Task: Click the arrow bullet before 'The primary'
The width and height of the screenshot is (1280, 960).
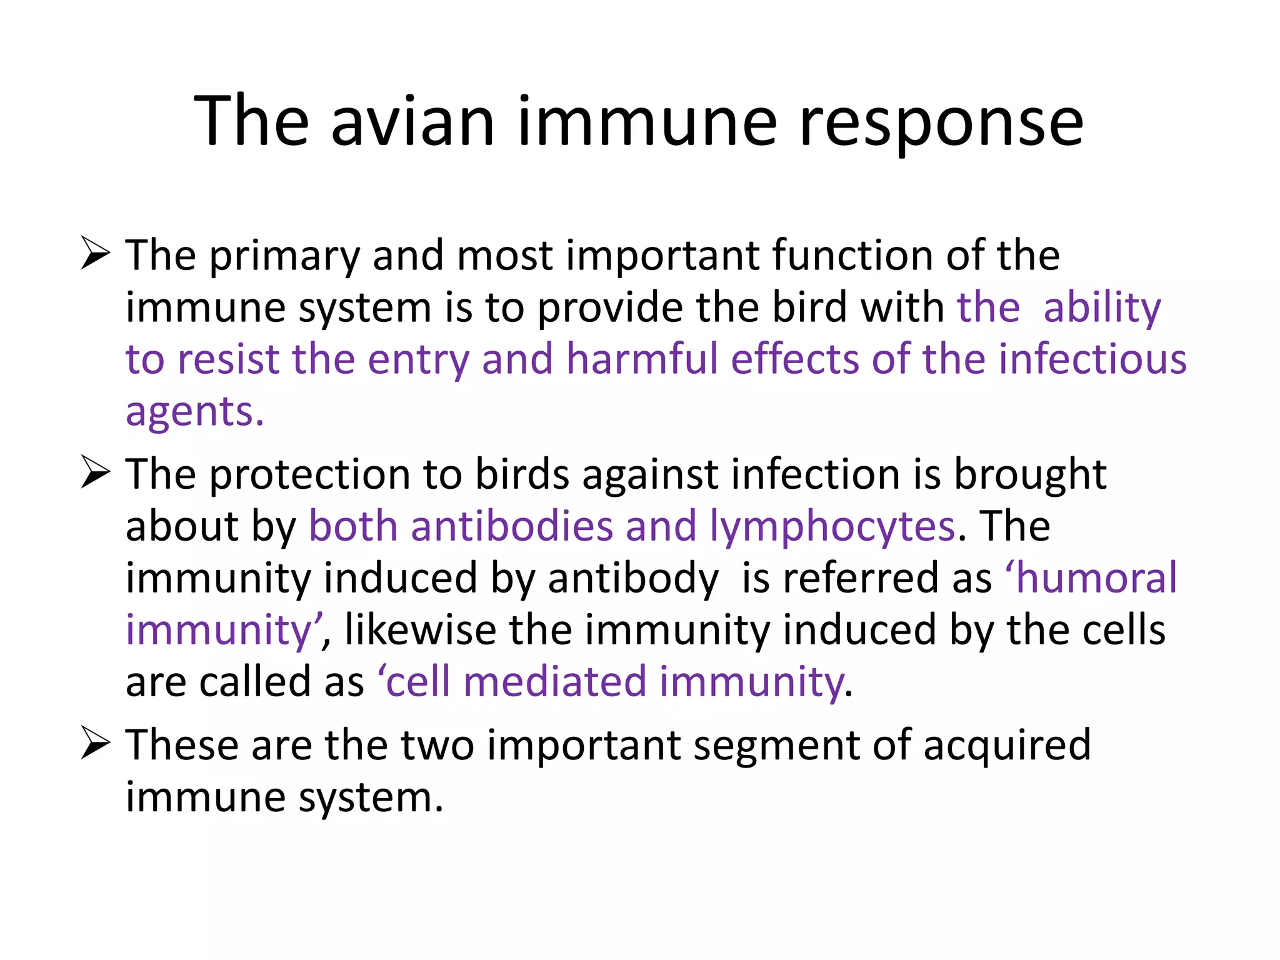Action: [x=96, y=254]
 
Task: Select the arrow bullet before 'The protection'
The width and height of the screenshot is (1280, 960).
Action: [x=96, y=473]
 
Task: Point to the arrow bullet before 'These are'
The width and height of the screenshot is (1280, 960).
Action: [x=96, y=744]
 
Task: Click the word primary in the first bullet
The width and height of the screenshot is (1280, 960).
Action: [x=284, y=256]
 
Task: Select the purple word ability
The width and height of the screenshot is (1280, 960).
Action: [x=1102, y=308]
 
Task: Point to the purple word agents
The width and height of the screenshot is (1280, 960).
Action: [x=194, y=412]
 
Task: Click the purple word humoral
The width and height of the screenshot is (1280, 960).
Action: [x=1096, y=577]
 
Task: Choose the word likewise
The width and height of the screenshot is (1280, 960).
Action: [x=420, y=630]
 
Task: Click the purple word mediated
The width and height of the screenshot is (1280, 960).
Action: [x=554, y=682]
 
